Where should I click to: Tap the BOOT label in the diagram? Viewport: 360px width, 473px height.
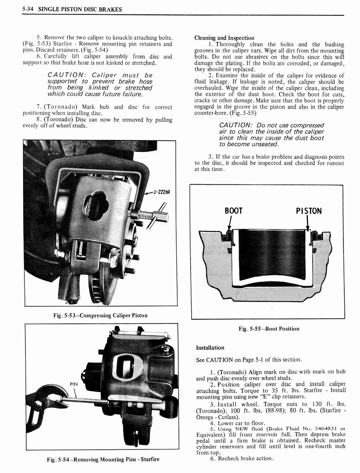click(x=233, y=211)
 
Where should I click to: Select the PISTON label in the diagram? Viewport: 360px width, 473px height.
click(x=308, y=211)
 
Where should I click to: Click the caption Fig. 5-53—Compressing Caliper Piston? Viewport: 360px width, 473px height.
click(x=100, y=315)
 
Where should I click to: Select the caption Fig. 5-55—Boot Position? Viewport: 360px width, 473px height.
click(x=268, y=328)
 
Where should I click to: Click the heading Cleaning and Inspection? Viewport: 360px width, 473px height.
click(x=224, y=38)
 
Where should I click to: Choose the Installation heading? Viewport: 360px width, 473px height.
click(x=210, y=347)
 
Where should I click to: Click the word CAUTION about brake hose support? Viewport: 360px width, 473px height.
click(x=65, y=75)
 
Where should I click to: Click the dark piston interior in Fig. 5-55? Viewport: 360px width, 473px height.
click(x=271, y=254)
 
